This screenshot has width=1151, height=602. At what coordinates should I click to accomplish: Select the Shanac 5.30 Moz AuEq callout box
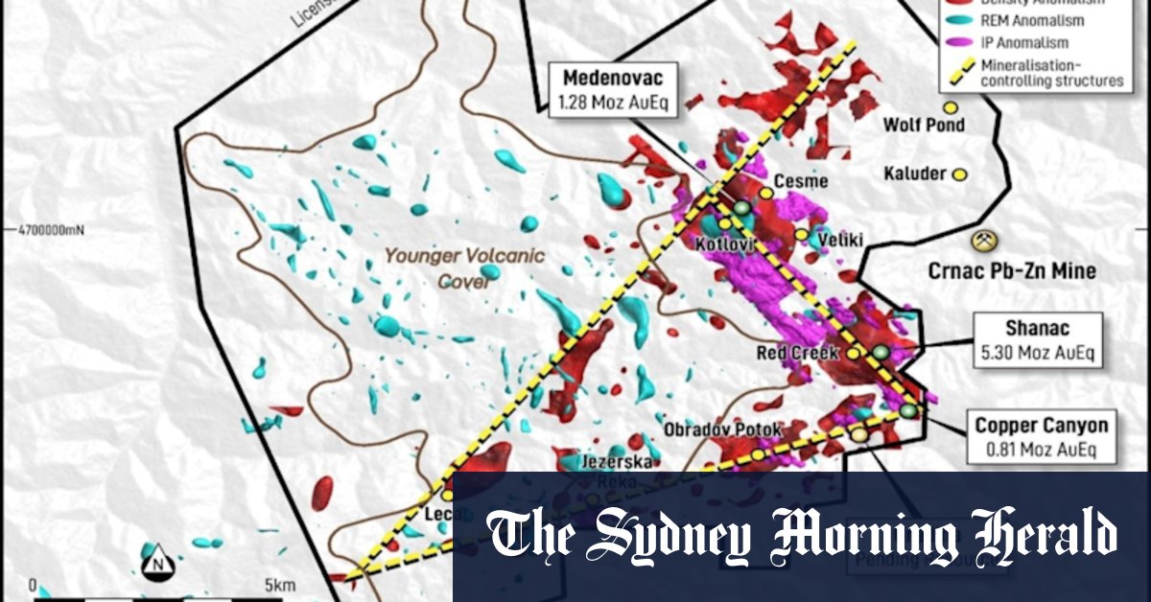[1037, 339]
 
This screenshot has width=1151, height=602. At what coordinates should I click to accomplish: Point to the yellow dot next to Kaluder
[958, 174]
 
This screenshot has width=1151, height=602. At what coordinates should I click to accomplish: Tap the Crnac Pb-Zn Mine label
[1011, 271]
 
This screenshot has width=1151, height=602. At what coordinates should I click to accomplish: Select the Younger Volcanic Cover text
[464, 268]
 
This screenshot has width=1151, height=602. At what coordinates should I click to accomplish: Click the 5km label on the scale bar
[278, 585]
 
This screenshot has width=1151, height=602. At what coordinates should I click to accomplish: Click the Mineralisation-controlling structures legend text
[1053, 73]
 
